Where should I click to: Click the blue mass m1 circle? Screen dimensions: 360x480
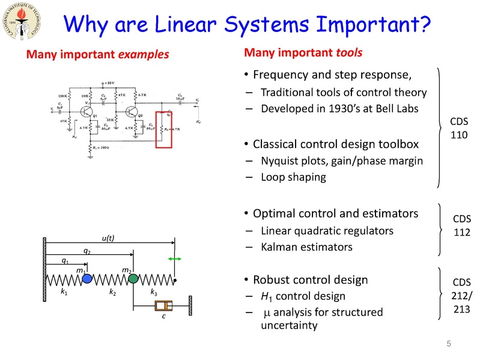[88, 279]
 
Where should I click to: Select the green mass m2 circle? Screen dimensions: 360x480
[133, 278]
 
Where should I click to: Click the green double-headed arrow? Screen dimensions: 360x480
[174, 258]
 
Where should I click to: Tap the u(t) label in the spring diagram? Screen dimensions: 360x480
[108, 238]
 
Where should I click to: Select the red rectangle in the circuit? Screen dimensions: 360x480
[168, 129]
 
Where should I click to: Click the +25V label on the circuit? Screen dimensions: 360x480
[110, 82]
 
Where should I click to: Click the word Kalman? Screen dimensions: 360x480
[278, 246]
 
